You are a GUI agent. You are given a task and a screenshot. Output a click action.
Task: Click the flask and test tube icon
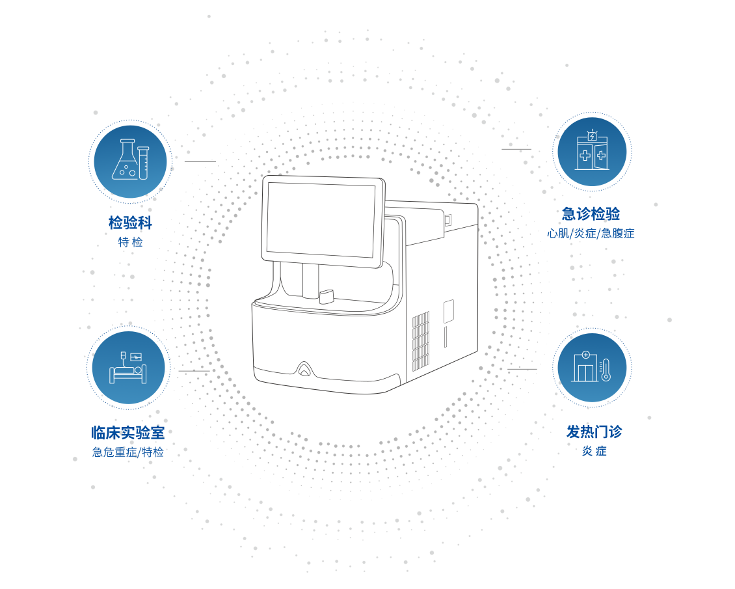[130, 161]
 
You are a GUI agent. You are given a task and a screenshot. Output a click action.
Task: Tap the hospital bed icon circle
[128, 368]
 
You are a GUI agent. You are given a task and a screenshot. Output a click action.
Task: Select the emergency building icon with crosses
[592, 152]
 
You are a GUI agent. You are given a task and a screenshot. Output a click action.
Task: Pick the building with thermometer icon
[592, 368]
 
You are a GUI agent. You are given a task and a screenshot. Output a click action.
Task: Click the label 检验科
[130, 223]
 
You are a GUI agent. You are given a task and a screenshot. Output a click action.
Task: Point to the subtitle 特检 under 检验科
[130, 242]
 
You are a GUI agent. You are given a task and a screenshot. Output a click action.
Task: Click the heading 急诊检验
[591, 213]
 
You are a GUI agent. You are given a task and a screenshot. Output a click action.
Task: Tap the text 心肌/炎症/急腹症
[591, 233]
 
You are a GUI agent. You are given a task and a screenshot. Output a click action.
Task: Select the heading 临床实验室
[128, 432]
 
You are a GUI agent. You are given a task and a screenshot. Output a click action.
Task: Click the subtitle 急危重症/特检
[128, 452]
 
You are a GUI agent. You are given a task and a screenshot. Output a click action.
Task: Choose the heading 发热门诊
[594, 431]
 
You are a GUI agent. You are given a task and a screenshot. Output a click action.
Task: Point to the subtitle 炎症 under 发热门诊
[594, 451]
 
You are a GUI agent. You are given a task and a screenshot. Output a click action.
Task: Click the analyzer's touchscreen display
[321, 219]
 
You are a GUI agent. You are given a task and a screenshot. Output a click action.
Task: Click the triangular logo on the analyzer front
[304, 370]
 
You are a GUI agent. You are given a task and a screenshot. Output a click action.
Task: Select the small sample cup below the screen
[326, 297]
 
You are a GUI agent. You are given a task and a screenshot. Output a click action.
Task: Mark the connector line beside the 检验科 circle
[199, 161]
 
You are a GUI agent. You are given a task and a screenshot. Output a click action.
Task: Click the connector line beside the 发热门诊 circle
[522, 369]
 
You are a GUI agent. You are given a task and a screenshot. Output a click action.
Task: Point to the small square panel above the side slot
[449, 310]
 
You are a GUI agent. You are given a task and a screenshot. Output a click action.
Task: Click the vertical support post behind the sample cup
[310, 280]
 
